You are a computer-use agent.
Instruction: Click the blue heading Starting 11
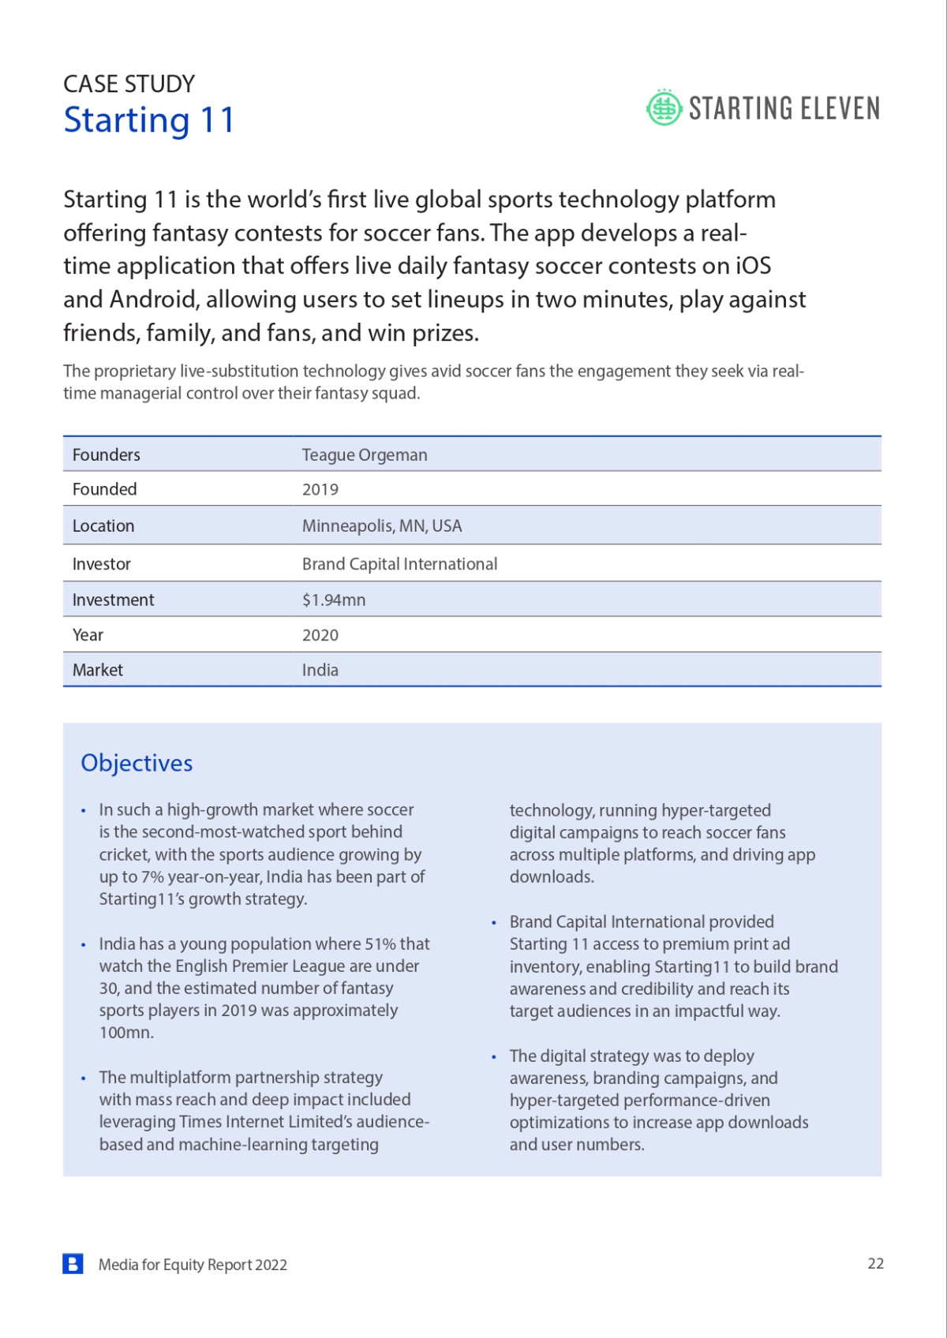click(149, 121)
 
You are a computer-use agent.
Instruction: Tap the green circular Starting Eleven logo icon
click(664, 108)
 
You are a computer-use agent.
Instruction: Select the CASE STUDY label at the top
click(129, 84)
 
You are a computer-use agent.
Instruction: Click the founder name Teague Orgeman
click(365, 455)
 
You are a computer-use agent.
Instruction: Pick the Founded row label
click(104, 489)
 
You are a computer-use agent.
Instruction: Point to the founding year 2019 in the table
click(320, 489)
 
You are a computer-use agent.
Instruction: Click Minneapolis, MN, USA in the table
click(382, 526)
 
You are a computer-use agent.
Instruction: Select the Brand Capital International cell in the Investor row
click(399, 564)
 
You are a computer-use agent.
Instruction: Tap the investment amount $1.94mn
click(334, 600)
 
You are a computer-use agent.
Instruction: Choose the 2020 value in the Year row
click(320, 635)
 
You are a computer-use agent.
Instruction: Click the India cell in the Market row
click(320, 670)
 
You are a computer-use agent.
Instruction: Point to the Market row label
click(98, 670)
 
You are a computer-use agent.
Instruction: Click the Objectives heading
click(137, 763)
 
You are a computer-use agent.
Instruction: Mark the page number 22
click(875, 1263)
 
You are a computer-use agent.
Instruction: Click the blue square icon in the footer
click(73, 1264)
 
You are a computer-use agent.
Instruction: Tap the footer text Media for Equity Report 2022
click(193, 1265)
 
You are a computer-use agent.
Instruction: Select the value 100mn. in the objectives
click(126, 1033)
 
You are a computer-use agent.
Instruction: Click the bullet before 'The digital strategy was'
click(494, 1057)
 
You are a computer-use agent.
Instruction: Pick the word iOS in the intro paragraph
click(753, 266)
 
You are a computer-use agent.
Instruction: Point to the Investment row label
click(113, 600)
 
